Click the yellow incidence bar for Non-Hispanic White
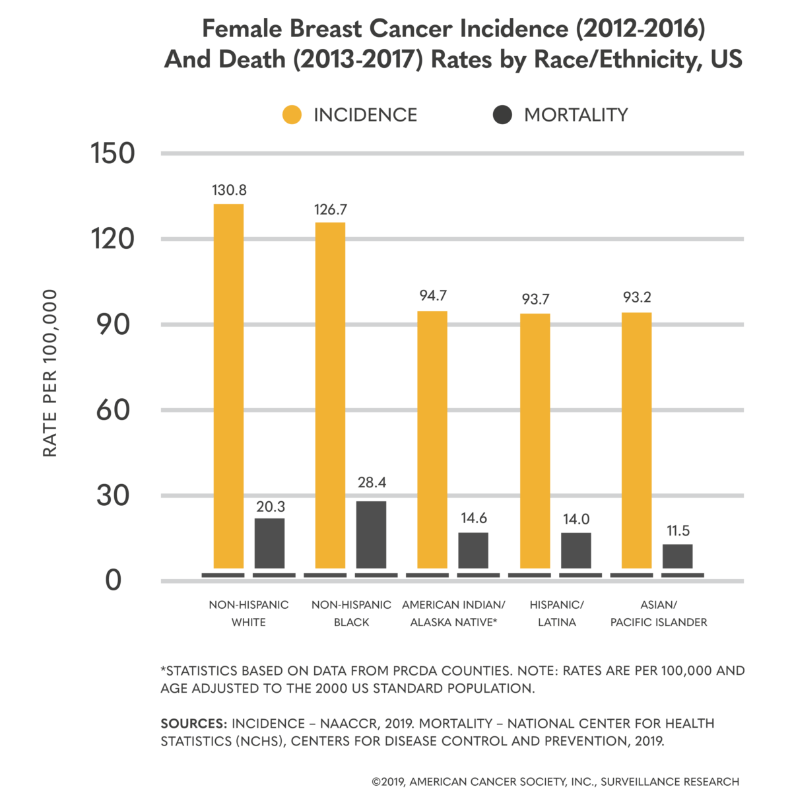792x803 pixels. click(x=228, y=386)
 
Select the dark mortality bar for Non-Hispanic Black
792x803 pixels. click(x=371, y=535)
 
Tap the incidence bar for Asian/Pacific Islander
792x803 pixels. click(x=636, y=440)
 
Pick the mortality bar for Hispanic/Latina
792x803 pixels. click(x=576, y=550)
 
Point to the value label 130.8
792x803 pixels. click(x=229, y=190)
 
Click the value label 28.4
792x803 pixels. click(x=372, y=483)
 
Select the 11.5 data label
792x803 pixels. click(x=678, y=531)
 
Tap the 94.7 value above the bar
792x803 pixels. click(x=433, y=295)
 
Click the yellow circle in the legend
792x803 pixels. click(x=292, y=115)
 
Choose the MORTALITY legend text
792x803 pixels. click(x=576, y=115)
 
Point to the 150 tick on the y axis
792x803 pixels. click(x=112, y=153)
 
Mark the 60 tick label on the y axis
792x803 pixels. click(x=112, y=410)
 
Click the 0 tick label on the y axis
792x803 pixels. click(x=114, y=580)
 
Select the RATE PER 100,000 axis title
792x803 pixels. click(x=50, y=373)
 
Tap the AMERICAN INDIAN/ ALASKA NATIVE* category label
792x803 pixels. click(x=453, y=613)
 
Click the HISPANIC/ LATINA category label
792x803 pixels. click(x=556, y=613)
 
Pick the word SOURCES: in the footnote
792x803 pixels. click(x=193, y=723)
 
